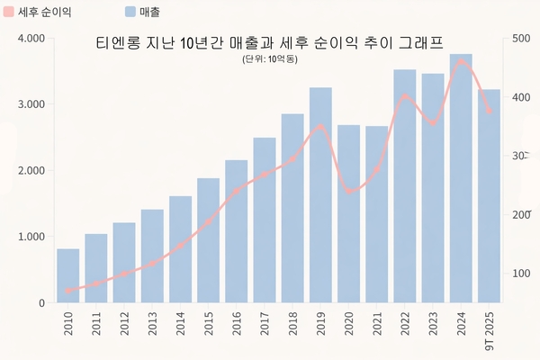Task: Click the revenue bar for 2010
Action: click(68, 275)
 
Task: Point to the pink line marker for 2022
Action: click(405, 96)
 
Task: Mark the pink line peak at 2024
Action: click(461, 62)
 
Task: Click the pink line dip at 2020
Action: click(349, 192)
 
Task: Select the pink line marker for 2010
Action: click(68, 291)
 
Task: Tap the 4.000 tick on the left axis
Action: click(31, 39)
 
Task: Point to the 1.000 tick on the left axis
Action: click(31, 237)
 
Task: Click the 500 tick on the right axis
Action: click(520, 39)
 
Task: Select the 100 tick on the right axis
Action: click(520, 274)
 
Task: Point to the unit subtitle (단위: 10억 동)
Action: click(270, 58)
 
